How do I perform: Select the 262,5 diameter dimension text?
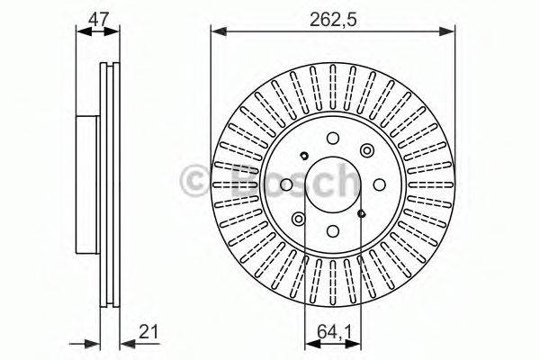pos(335,14)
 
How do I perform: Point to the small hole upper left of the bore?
pos(305,154)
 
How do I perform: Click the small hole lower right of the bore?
pos(361,213)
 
